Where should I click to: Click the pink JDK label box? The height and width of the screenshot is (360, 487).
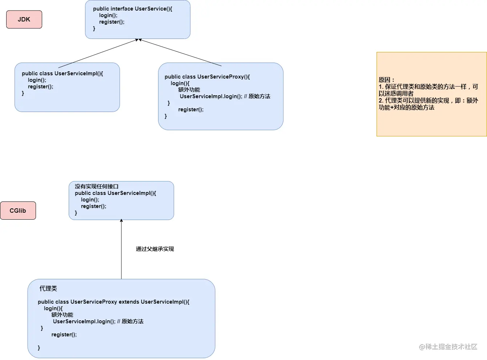(x=24, y=19)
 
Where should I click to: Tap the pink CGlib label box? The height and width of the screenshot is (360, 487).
(x=18, y=211)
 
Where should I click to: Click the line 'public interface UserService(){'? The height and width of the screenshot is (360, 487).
(x=133, y=9)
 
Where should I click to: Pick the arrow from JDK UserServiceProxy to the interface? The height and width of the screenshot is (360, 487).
(x=180, y=52)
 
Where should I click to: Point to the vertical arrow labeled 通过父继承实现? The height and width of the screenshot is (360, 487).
(x=121, y=249)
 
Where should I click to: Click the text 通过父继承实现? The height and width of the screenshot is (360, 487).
(x=155, y=249)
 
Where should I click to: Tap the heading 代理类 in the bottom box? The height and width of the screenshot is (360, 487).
(x=48, y=288)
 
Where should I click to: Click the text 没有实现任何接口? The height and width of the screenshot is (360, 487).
(x=97, y=187)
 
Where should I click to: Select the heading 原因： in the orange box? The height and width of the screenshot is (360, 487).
(x=386, y=80)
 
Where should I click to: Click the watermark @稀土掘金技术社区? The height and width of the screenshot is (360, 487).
(x=448, y=347)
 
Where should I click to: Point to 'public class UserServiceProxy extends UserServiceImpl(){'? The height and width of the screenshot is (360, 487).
(x=113, y=302)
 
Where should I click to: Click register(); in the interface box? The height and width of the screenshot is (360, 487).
(x=112, y=22)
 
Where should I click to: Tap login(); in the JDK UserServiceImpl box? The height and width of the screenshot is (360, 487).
(x=37, y=80)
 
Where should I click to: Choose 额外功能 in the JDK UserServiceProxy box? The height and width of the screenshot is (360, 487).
(x=189, y=90)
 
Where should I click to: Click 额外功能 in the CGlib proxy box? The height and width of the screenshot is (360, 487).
(x=63, y=315)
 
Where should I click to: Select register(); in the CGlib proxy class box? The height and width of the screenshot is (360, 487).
(x=64, y=335)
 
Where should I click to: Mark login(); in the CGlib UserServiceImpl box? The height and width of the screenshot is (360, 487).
(x=90, y=200)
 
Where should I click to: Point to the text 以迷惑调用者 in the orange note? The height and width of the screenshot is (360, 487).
(x=396, y=93)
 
